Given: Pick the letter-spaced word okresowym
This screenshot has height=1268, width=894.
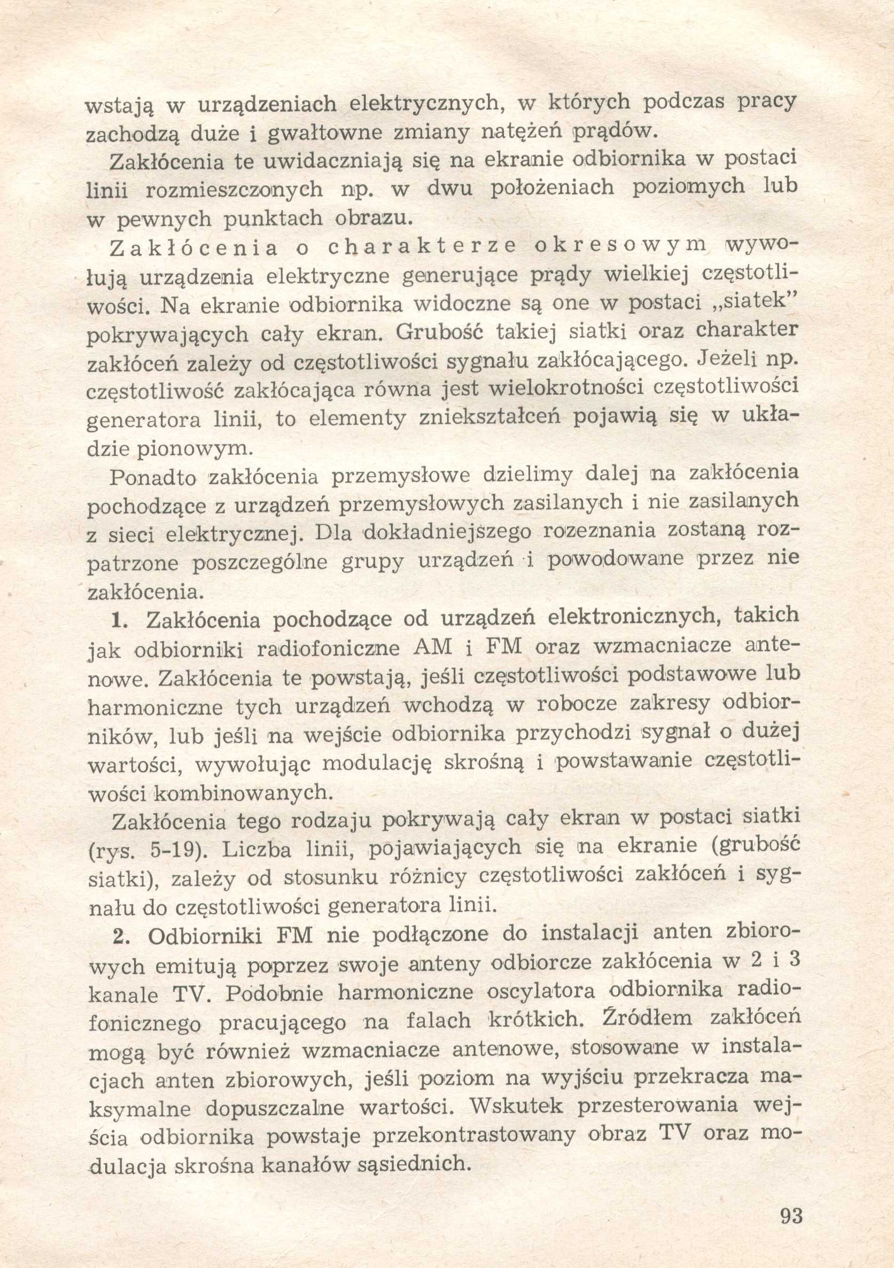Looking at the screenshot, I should coord(620,246).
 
